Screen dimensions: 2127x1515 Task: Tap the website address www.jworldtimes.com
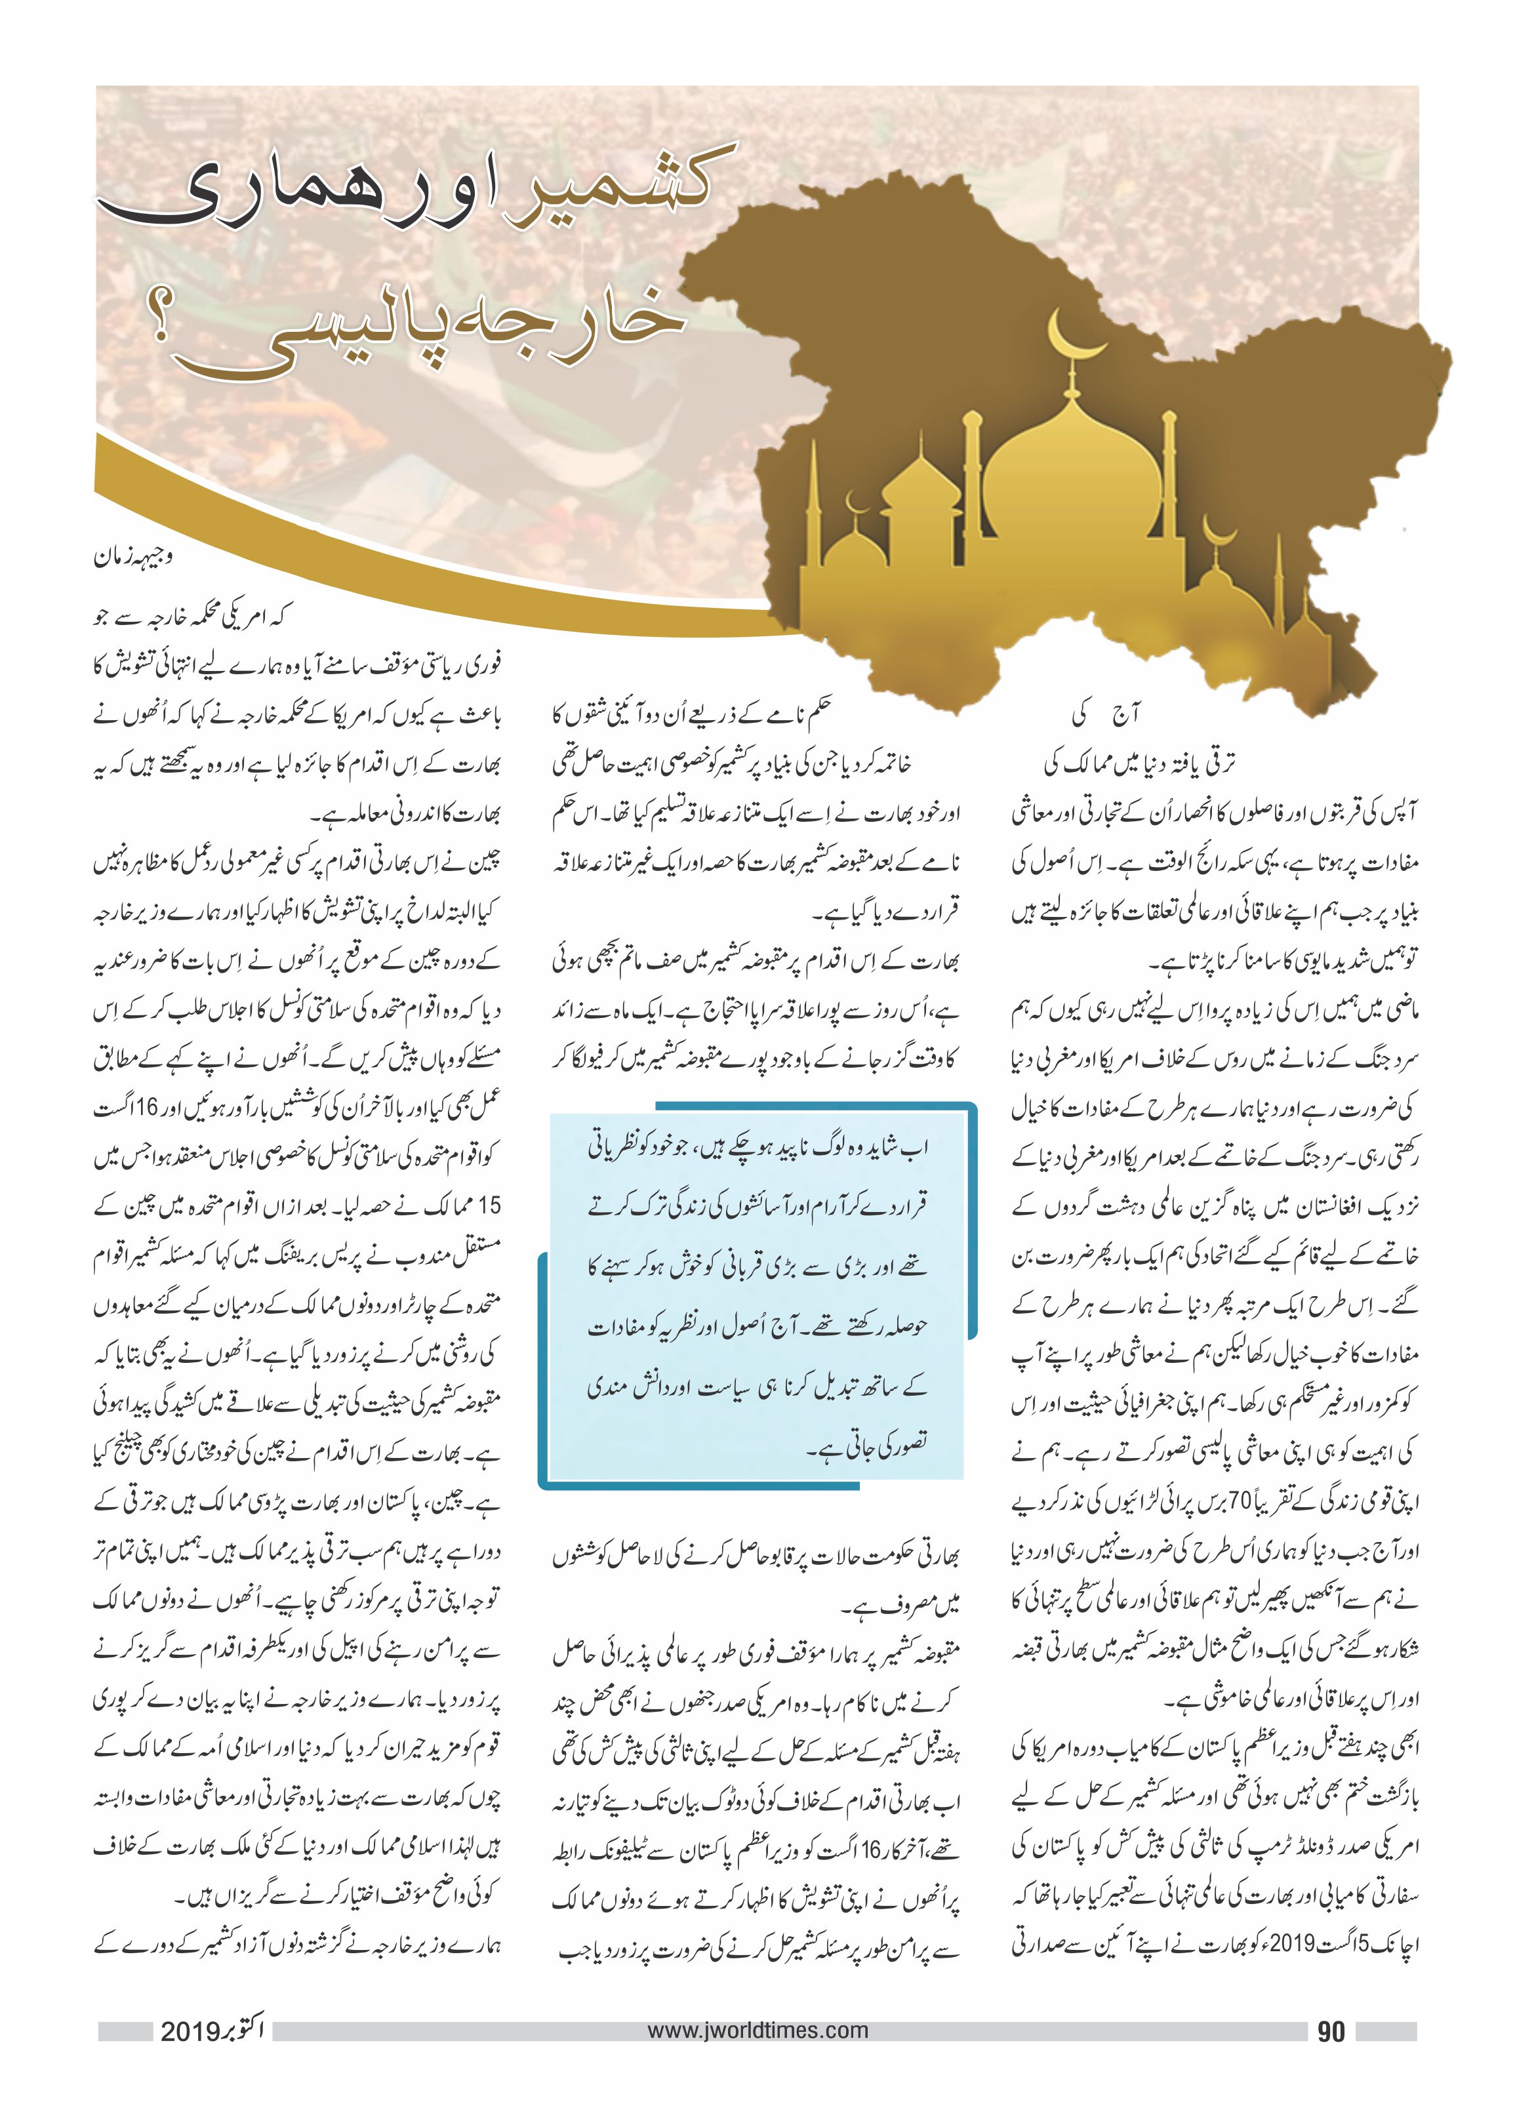(758, 2029)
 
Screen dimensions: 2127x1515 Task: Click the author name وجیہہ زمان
(132, 558)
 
